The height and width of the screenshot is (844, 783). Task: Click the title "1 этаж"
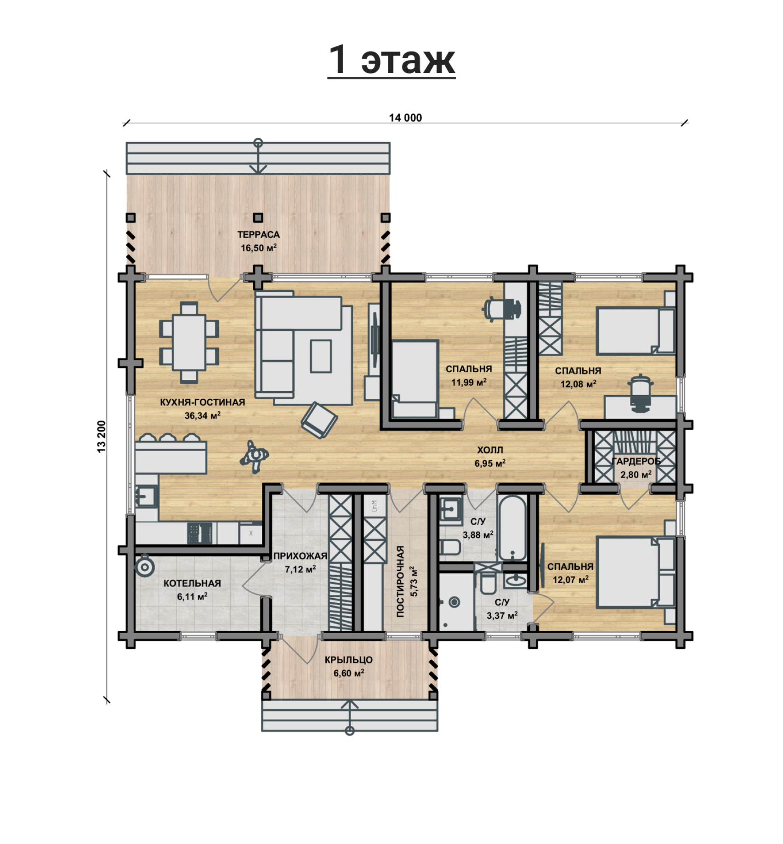click(391, 60)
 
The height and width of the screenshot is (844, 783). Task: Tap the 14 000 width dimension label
click(405, 118)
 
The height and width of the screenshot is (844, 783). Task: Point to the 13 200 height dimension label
click(102, 436)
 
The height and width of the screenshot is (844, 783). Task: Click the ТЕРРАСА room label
click(258, 234)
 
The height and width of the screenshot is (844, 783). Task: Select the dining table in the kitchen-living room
click(189, 342)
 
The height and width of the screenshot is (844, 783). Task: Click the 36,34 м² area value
click(202, 415)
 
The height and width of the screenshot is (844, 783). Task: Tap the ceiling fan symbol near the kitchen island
click(254, 456)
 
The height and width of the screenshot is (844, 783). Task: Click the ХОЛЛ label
click(490, 450)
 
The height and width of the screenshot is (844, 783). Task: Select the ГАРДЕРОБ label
click(636, 461)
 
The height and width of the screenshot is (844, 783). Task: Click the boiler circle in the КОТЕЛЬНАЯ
click(145, 567)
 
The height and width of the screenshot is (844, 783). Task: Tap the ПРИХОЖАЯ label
click(300, 556)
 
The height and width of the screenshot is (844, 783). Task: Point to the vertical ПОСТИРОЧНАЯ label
click(400, 581)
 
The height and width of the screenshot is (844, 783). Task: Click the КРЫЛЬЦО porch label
click(349, 660)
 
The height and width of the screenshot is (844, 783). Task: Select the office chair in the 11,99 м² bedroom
click(502, 308)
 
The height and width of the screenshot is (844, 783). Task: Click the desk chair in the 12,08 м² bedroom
click(640, 393)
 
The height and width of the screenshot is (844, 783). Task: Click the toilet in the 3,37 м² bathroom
click(488, 583)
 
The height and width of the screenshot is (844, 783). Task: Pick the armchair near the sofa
click(319, 419)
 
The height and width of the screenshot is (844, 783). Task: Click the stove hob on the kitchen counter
click(199, 533)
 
